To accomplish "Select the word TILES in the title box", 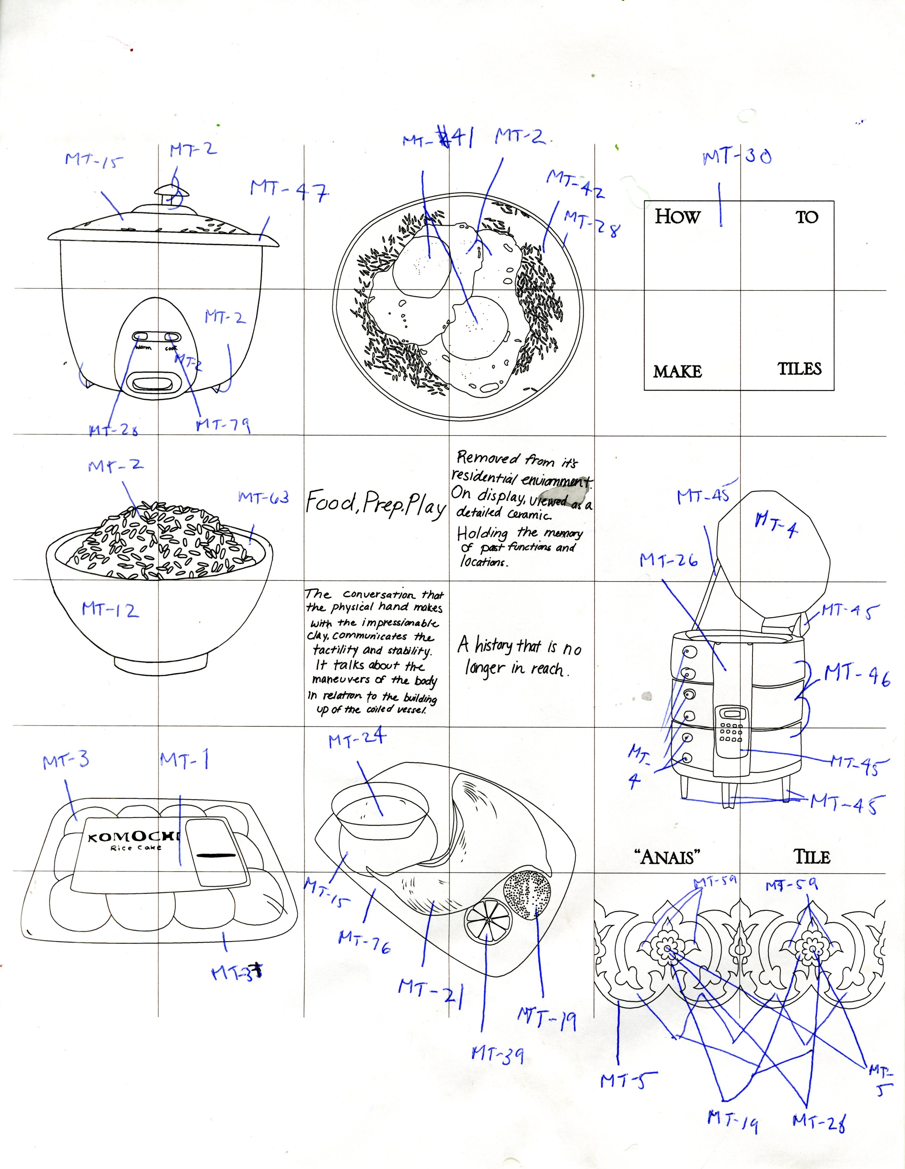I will click(800, 369).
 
